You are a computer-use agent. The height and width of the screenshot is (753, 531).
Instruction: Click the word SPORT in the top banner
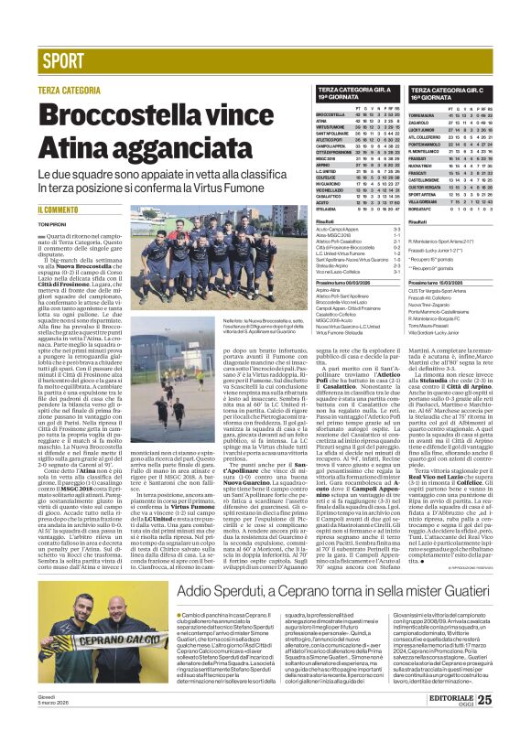click(x=63, y=62)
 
